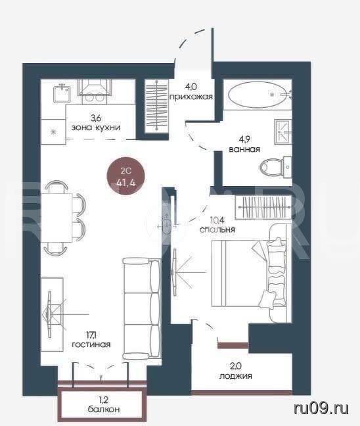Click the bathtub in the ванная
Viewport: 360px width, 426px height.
[x=257, y=95]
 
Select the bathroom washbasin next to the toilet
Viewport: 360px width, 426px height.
[x=283, y=131]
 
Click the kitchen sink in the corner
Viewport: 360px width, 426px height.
[x=62, y=93]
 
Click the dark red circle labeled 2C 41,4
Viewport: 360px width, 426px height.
[x=125, y=177]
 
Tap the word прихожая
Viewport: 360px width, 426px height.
[x=191, y=97]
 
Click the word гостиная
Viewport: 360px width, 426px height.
[x=91, y=344]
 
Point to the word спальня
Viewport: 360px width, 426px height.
[x=217, y=230]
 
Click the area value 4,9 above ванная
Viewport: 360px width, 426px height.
[x=244, y=139]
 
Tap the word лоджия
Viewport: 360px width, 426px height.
[x=236, y=376]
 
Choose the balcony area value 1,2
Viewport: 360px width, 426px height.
[x=103, y=400]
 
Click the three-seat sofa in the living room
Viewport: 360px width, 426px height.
[x=141, y=308]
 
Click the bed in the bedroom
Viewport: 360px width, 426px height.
[x=249, y=274]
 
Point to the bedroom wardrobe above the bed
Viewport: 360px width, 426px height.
[x=263, y=207]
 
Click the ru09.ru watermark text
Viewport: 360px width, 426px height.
[x=321, y=408]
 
